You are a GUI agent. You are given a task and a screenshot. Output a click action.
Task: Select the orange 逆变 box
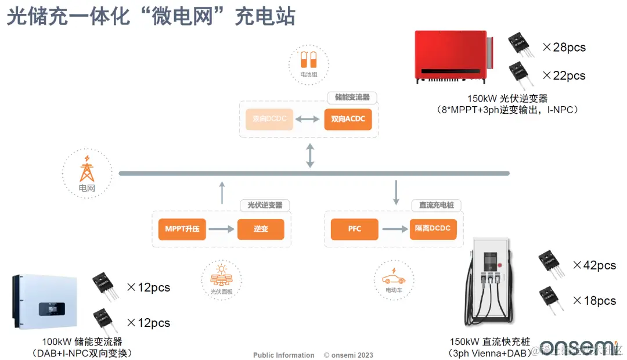[261, 229]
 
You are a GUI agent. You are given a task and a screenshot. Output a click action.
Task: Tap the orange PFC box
[355, 229]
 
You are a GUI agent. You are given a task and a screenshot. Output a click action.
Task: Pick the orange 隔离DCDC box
[433, 229]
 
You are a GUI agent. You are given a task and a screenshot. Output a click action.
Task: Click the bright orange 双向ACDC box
[348, 119]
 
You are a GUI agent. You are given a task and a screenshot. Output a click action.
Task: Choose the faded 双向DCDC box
[269, 119]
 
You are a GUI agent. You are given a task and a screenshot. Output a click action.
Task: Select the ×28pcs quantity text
[564, 48]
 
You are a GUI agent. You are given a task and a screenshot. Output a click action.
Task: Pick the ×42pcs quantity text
[594, 265]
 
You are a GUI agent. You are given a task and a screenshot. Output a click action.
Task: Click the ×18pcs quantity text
[594, 301]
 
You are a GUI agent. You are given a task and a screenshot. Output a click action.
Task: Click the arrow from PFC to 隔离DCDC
[394, 229]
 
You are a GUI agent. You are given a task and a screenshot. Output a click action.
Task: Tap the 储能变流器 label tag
[352, 98]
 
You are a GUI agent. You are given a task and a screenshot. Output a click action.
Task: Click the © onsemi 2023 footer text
[348, 355]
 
